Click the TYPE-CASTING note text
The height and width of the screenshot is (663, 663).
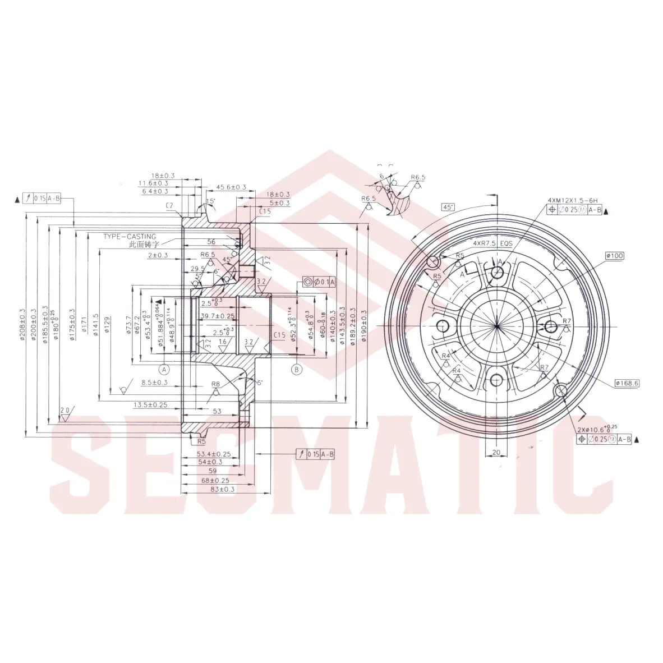coord(129,237)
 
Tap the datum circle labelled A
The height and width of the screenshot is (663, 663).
coord(164,369)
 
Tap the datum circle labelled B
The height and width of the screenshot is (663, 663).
coord(296,369)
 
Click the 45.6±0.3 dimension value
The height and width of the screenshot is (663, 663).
coord(231,187)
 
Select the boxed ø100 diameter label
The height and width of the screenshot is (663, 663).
coord(615,256)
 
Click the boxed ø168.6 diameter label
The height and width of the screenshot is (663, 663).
coord(627,383)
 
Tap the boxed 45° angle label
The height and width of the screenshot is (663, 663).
coord(448,206)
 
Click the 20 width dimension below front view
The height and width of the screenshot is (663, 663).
coord(496,452)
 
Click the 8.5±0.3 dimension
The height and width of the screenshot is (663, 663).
coord(154,383)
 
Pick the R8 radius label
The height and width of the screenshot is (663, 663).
coord(215,384)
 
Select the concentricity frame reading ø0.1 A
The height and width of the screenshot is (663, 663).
coord(319,282)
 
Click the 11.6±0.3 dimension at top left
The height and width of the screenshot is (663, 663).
coord(154,183)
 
